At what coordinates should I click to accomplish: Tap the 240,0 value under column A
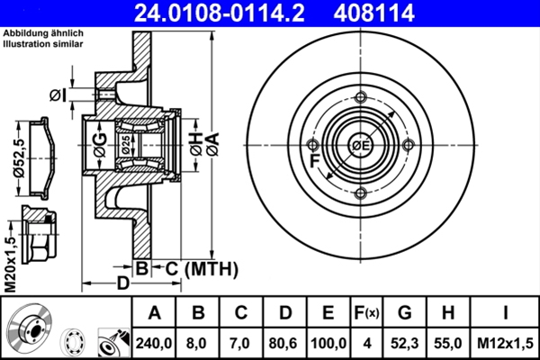154,343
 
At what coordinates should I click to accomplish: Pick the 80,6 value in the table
283,343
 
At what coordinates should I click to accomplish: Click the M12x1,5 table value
505,343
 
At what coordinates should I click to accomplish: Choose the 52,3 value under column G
404,343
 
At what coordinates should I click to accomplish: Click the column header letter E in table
328,314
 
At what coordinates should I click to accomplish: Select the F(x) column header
365,314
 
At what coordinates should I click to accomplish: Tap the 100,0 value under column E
328,343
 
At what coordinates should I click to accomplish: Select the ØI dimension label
58,94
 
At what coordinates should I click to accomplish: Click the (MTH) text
211,267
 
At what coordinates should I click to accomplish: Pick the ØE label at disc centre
360,147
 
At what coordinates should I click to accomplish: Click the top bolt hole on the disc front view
361,99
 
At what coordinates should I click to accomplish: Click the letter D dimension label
123,283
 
